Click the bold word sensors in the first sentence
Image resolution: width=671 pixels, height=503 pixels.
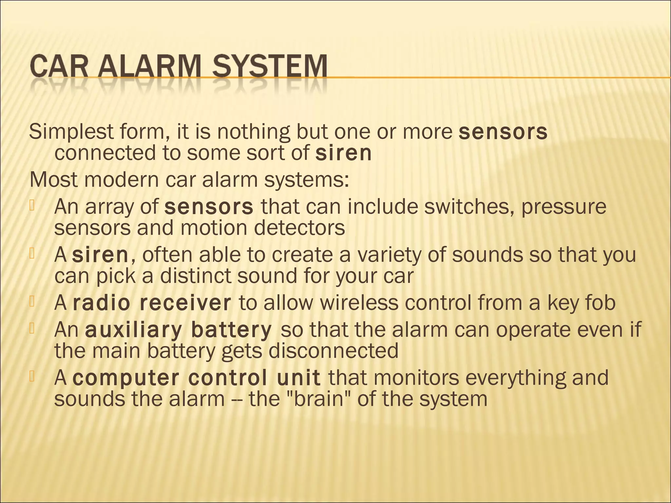tap(503, 132)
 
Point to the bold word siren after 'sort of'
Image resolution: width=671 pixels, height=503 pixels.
tap(344, 153)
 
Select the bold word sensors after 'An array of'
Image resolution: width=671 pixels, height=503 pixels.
tap(209, 207)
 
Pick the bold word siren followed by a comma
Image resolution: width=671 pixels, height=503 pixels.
tap(100, 255)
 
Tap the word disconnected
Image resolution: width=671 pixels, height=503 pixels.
tap(333, 351)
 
